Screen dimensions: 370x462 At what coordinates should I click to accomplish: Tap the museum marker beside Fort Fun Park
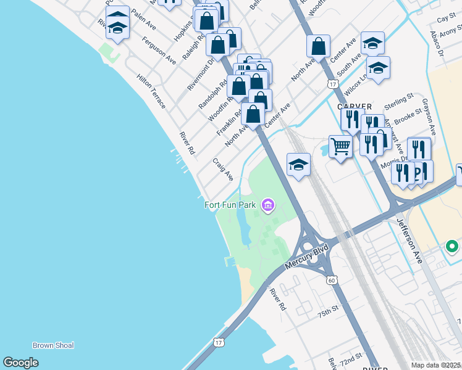click(268, 205)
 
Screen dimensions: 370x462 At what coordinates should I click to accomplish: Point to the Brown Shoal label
click(53, 345)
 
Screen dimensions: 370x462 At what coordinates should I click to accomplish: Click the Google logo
click(20, 363)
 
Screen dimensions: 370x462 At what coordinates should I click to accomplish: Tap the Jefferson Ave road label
click(409, 241)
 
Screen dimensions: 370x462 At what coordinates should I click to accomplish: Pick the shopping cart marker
click(340, 147)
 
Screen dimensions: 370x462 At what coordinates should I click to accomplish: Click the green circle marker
click(451, 247)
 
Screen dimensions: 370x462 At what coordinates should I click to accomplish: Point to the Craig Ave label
click(223, 169)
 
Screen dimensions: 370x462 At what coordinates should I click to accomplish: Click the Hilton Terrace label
click(151, 92)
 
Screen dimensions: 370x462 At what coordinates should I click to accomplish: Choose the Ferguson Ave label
click(159, 51)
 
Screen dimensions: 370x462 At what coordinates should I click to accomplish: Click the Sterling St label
click(398, 101)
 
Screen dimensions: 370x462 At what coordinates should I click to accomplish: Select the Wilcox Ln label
click(358, 83)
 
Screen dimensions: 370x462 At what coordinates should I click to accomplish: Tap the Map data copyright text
click(436, 365)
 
